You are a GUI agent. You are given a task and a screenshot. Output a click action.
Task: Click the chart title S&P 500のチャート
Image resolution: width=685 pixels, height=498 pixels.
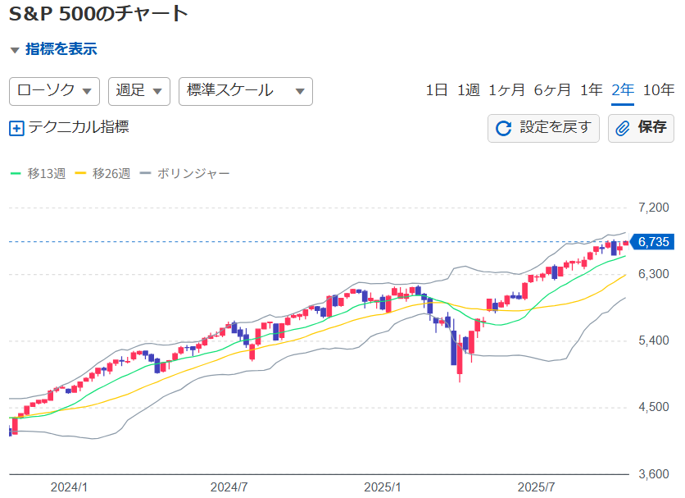(x=98, y=13)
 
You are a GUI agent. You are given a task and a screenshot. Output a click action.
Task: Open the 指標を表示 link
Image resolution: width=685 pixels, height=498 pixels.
(x=61, y=49)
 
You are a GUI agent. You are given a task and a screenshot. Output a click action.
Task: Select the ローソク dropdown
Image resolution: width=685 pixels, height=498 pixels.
(x=54, y=90)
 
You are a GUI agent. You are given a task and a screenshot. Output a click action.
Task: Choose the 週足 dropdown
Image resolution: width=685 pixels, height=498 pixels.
(x=138, y=90)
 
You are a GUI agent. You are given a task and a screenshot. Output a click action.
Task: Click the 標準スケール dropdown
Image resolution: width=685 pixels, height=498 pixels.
(x=245, y=90)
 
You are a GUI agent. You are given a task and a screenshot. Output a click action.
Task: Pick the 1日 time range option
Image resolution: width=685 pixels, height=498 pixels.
(x=437, y=90)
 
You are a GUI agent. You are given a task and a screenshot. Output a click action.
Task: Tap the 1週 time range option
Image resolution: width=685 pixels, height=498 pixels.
(x=468, y=90)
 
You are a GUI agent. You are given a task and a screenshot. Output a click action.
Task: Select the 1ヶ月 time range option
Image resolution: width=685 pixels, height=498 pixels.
(x=506, y=90)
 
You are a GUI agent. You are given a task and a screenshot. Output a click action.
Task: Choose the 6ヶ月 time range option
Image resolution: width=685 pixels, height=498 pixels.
(x=551, y=90)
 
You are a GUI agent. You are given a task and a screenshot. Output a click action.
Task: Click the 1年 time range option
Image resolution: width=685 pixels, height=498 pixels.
(x=591, y=90)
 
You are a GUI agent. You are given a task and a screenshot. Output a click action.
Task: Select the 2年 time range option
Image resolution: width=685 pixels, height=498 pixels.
(x=623, y=90)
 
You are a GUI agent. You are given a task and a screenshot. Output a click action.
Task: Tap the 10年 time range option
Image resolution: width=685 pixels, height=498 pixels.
(x=659, y=90)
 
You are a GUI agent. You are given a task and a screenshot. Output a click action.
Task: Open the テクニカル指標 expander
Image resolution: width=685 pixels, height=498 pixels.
(x=70, y=128)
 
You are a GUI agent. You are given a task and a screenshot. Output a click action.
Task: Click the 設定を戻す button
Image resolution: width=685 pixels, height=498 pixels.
(x=543, y=128)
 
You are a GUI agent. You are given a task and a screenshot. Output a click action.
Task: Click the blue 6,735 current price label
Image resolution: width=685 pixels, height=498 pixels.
(x=654, y=241)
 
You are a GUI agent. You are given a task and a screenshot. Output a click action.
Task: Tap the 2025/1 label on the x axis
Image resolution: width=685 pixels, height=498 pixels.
(x=383, y=487)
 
